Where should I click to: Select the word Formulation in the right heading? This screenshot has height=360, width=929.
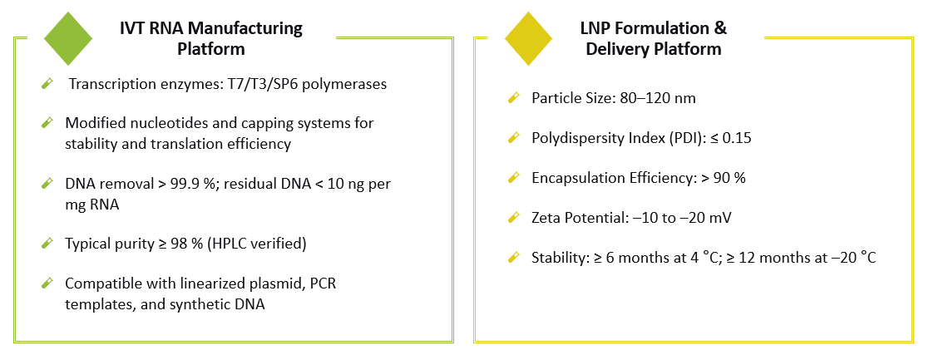[662, 28]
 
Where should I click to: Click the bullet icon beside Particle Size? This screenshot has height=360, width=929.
[513, 99]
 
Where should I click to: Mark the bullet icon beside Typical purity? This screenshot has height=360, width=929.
[48, 244]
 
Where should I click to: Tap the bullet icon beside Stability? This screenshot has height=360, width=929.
[513, 259]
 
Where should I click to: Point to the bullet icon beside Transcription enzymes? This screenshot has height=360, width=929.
[48, 84]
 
